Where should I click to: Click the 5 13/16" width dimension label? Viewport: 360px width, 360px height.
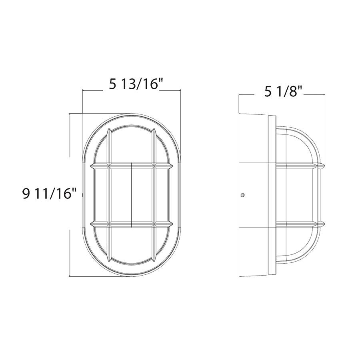pyautogui.click(x=136, y=84)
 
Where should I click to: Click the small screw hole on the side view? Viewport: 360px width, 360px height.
pyautogui.click(x=242, y=195)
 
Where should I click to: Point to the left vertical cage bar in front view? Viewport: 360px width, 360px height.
pyautogui.click(x=109, y=194)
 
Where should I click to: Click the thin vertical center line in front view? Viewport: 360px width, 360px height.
pyautogui.click(x=132, y=194)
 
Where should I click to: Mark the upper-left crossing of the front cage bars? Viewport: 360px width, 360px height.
pyautogui.click(x=109, y=165)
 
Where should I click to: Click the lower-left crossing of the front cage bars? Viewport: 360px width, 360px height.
pyautogui.click(x=109, y=223)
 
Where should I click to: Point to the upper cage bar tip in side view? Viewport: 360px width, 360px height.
pyautogui.click(x=322, y=165)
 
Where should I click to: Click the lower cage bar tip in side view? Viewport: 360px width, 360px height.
pyautogui.click(x=322, y=223)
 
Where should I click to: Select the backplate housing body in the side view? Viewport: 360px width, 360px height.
pyautogui.click(x=256, y=195)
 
